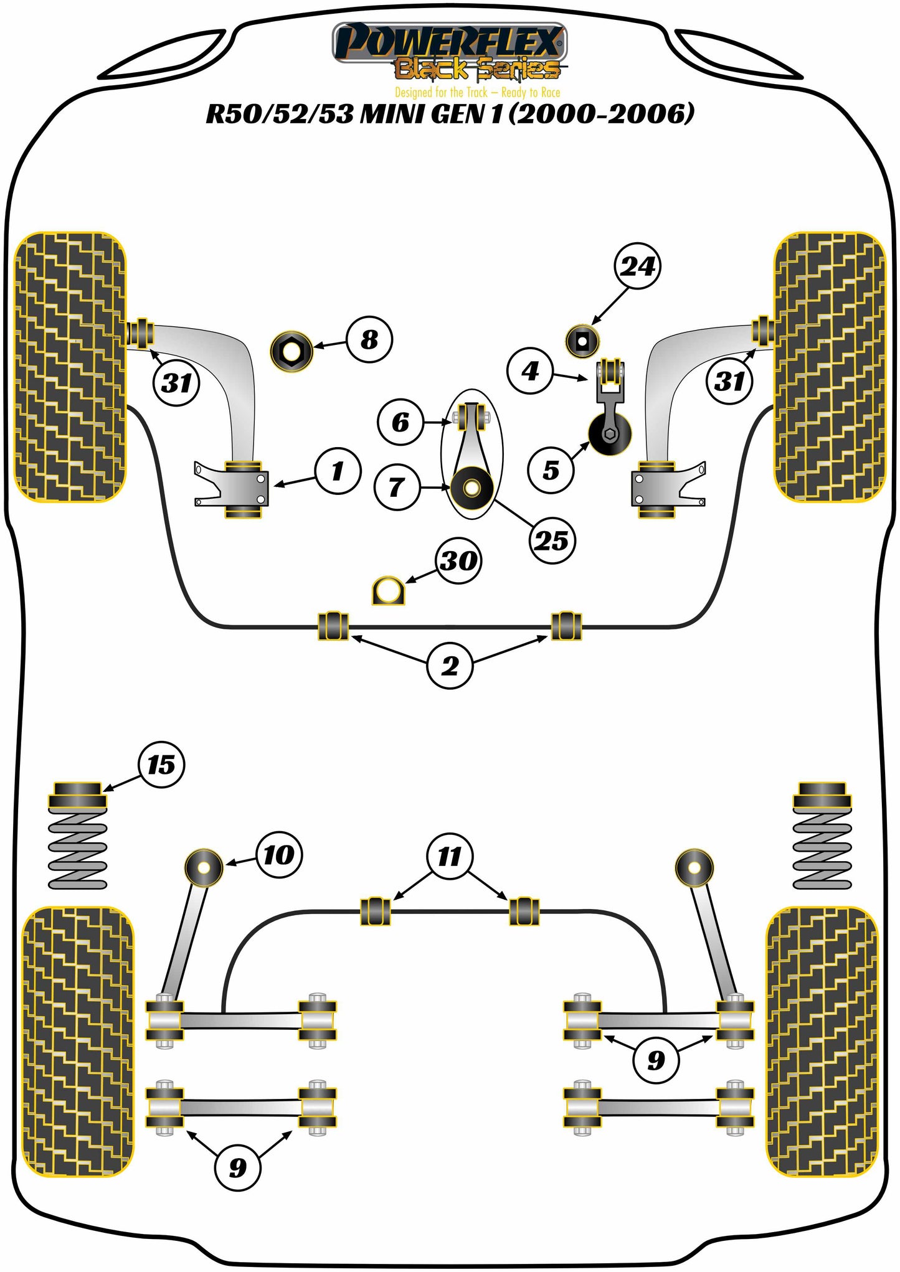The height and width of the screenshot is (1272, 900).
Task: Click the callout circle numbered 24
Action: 637,266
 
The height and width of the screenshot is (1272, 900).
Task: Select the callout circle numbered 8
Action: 369,339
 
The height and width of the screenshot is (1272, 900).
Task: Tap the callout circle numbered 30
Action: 458,560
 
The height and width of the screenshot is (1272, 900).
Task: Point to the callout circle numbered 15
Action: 161,765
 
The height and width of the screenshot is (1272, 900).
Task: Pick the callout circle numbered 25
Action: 552,540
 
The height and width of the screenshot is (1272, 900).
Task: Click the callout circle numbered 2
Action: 450,666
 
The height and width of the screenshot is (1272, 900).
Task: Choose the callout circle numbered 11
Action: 450,856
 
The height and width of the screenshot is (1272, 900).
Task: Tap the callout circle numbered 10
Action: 278,855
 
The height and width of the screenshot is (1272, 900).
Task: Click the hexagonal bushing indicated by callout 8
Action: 291,352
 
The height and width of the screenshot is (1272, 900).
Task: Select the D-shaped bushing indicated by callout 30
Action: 387,591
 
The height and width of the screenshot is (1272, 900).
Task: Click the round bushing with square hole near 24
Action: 582,341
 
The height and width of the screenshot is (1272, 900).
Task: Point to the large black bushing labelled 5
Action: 610,433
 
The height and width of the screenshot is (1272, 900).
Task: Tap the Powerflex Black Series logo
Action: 450,53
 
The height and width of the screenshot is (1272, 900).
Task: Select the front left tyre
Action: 69,367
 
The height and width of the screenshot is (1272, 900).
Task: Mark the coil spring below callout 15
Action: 78,850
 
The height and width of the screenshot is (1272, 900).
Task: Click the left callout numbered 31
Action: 176,382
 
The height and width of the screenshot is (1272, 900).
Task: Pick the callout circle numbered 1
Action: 338,471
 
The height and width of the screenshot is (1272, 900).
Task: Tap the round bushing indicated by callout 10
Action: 204,866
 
